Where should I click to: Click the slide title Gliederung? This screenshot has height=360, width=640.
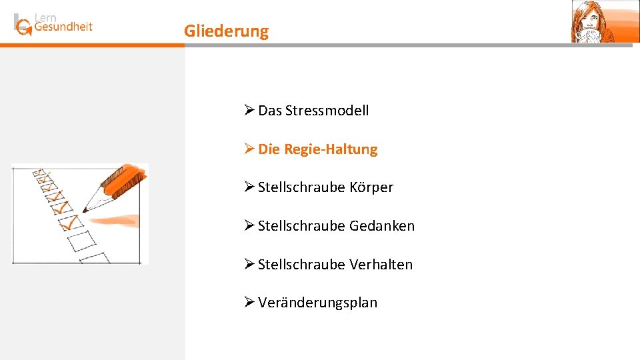click(227, 31)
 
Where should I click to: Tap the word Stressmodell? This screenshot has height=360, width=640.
click(327, 111)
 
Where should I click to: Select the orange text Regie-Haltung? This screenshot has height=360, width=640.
click(331, 149)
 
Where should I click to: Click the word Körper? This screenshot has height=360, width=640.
click(371, 187)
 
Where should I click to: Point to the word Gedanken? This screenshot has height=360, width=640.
click(382, 226)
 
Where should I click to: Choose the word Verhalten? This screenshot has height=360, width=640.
click(381, 265)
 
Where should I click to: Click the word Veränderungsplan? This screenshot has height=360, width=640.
click(317, 303)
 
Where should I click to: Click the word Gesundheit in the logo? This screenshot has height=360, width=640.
click(63, 27)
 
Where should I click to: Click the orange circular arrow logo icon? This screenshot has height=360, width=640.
click(24, 27)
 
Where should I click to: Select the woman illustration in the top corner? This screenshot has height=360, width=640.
click(595, 21)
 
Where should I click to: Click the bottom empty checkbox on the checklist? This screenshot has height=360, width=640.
click(95, 258)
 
